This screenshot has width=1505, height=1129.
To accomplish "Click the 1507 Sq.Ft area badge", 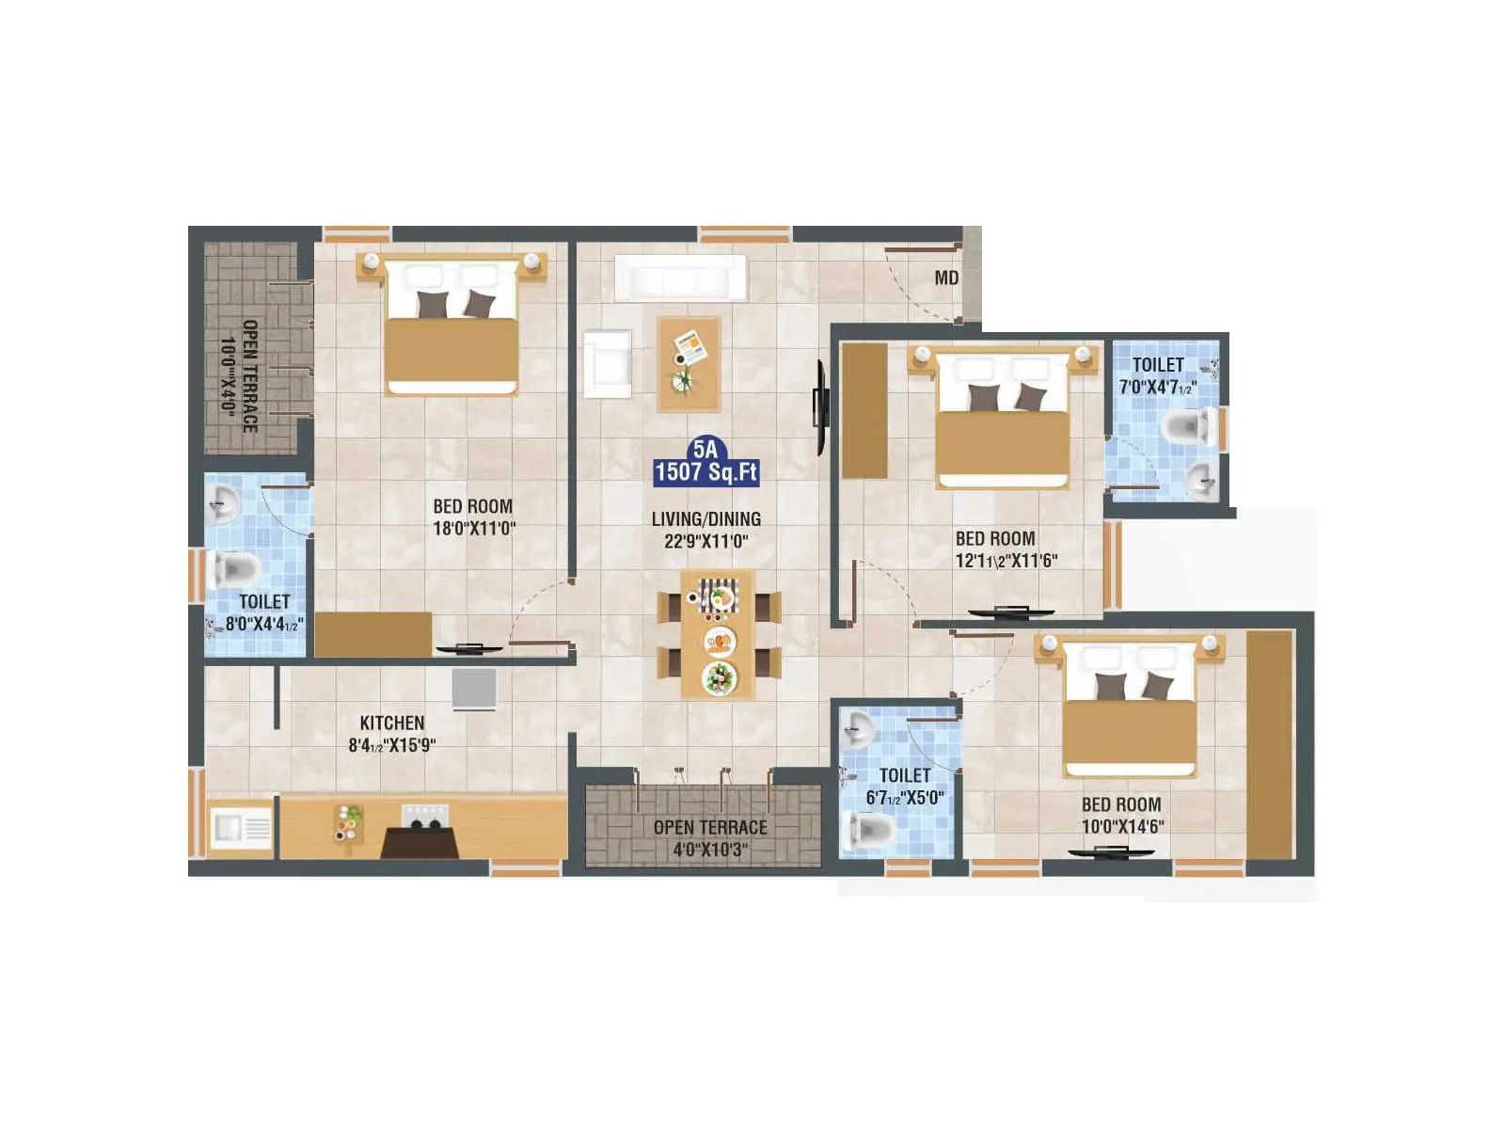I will [706, 471].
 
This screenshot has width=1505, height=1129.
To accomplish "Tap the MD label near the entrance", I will [946, 278].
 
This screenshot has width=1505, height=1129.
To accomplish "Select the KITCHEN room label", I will [392, 723].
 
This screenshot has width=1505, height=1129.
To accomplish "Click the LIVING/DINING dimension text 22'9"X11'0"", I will [706, 541].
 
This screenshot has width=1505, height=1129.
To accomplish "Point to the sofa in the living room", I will [680, 278].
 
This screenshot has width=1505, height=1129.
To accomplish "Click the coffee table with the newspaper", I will [689, 363].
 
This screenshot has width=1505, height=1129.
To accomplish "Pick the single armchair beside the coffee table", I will [607, 363].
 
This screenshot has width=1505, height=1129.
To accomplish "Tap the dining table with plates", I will [718, 634].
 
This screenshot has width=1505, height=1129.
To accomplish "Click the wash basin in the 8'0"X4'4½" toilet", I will [222, 504].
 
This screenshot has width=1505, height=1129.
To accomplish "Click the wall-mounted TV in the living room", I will [820, 406].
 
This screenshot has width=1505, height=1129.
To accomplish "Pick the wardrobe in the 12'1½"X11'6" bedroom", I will [863, 410].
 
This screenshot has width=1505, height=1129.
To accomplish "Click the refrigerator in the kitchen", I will [474, 689].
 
